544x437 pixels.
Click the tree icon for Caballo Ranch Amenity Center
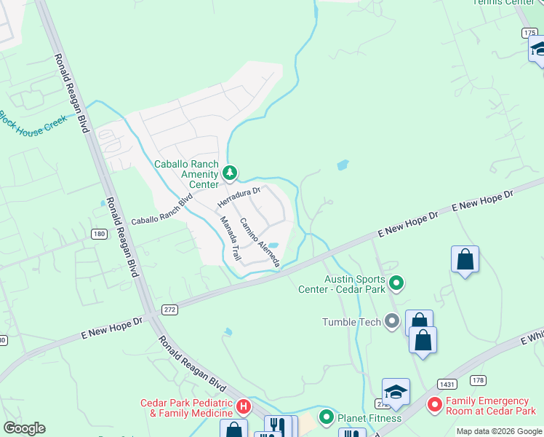tap(230, 173)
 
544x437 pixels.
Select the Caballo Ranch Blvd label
tap(161, 210)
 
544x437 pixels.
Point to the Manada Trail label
tap(230, 240)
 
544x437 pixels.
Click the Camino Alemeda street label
tap(260, 243)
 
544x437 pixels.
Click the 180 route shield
tap(99, 233)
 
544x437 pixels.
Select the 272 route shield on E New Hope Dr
tap(169, 310)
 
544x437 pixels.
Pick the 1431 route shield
tap(447, 384)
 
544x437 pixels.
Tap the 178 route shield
tap(478, 379)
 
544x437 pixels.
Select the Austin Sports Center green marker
tap(396, 282)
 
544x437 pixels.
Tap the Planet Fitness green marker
tap(327, 417)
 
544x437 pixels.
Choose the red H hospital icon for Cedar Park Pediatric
tap(244, 406)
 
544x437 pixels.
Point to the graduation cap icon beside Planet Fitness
tap(396, 392)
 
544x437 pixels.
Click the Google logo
tap(24, 428)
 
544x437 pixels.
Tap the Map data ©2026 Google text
tap(499, 431)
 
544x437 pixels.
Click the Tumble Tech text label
tap(352, 321)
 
